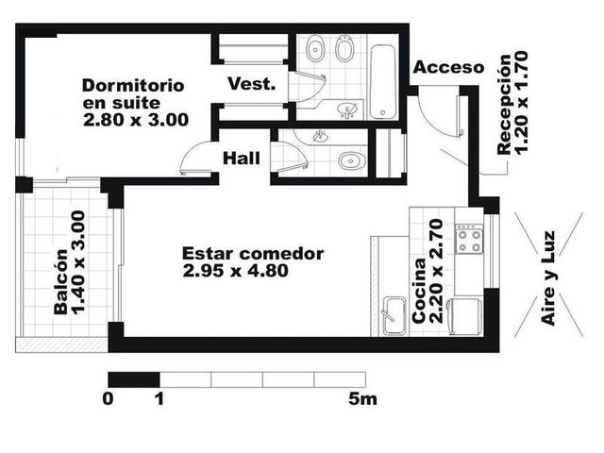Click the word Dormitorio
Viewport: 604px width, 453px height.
coord(133,86)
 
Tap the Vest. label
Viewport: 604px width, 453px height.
coord(252,84)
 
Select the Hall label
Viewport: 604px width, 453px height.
coord(242,159)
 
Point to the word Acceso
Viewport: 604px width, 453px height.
coord(448,67)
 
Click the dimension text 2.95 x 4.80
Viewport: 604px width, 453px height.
coord(235,271)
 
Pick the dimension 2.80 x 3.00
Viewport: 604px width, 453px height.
coord(136,120)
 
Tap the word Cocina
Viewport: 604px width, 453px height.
coord(419,290)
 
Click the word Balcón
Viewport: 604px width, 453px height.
coord(60,282)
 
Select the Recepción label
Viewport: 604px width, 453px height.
coord(504,105)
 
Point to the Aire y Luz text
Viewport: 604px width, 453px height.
coord(547,278)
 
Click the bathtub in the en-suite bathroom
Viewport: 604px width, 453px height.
coord(382,82)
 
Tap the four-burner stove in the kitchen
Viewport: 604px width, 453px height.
coord(469,239)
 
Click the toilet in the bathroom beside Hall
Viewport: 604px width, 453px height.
coord(352,160)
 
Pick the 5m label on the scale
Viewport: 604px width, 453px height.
coord(362,399)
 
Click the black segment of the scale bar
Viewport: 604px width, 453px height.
coord(134,379)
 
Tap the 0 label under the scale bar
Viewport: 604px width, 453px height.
coord(108,399)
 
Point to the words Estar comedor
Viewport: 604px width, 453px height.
coord(253,254)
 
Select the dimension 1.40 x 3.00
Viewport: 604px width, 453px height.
coord(78,262)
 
